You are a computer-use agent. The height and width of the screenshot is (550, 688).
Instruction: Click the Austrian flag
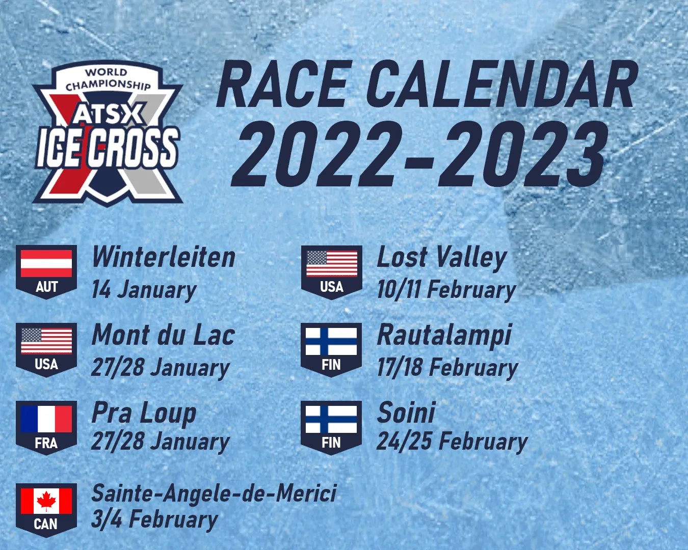46,263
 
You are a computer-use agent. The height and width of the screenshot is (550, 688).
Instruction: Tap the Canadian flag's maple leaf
46,501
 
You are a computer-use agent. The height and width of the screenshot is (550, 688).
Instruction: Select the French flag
46,419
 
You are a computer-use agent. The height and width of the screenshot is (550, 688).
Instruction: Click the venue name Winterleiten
164,257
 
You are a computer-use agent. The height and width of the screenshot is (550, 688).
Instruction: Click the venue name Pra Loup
144,413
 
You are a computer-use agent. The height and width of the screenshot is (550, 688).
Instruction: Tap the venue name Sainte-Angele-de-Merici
214,493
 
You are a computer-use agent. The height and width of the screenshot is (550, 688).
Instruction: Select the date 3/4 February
155,519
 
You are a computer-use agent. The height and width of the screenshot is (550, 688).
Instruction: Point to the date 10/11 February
446,290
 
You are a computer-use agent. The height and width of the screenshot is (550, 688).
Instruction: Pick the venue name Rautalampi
444,336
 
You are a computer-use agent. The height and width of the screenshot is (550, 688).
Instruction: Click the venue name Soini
406,413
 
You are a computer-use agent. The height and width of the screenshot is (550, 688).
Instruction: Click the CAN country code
46,525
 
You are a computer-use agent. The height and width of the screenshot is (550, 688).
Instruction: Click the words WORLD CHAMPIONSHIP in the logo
108,79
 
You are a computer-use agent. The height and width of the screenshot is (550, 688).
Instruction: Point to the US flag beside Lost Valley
332,263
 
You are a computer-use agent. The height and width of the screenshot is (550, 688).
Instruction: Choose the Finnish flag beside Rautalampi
331,341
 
